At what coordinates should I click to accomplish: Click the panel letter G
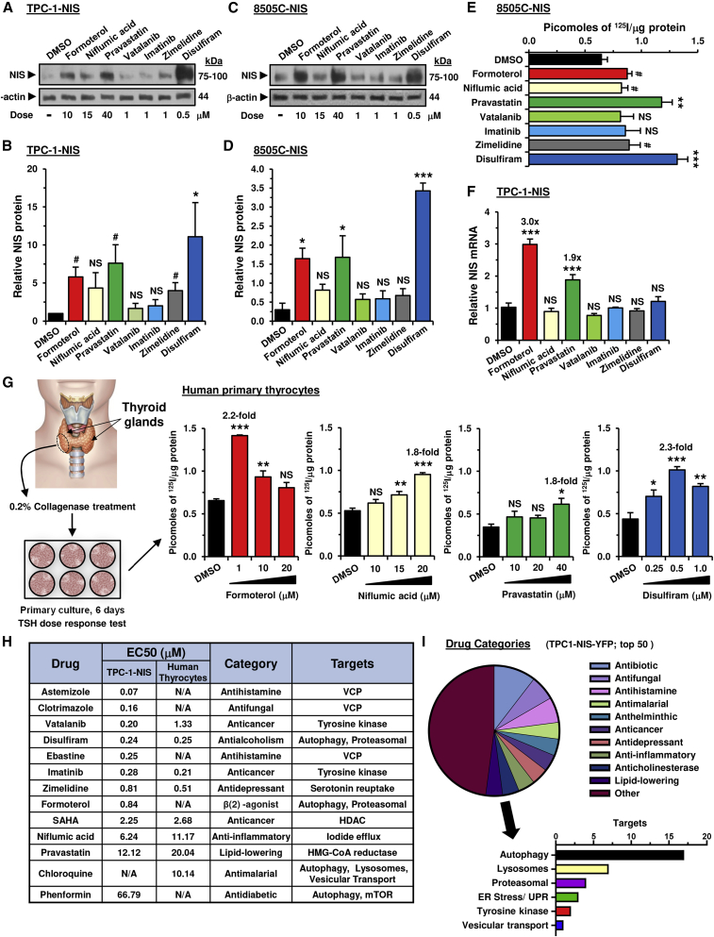pos(9,385)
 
